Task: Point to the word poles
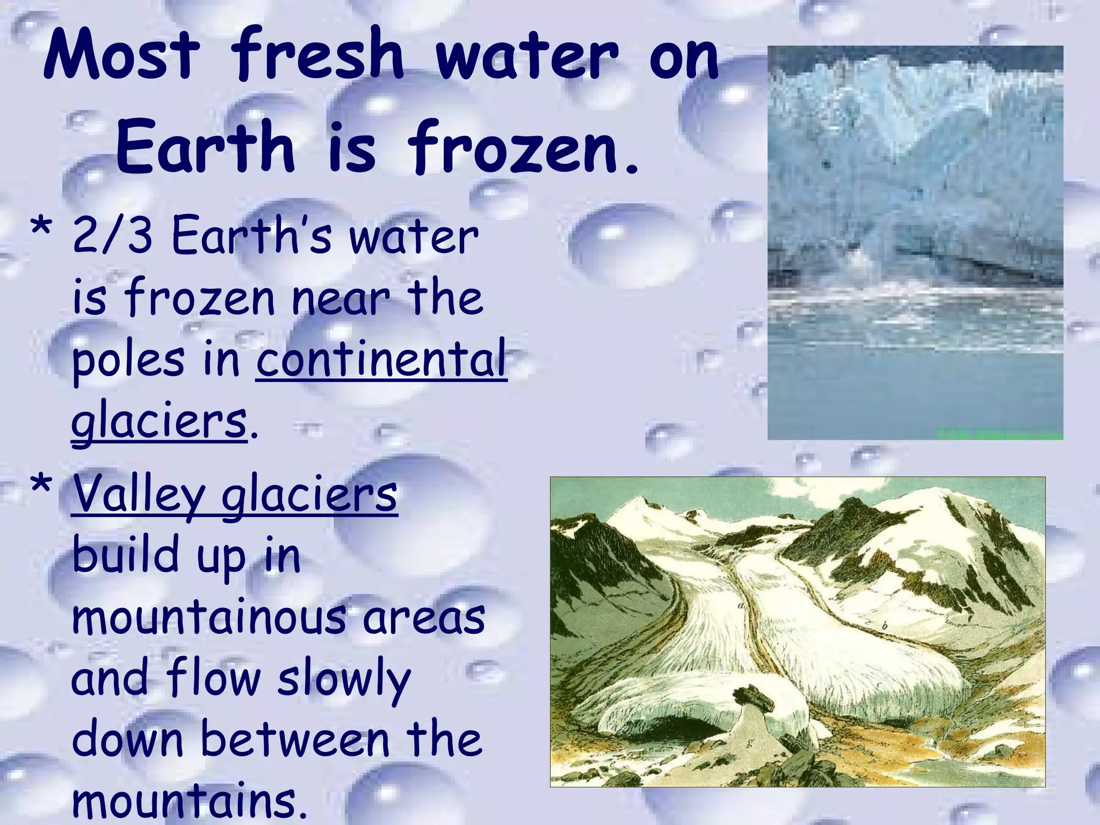coord(128,360)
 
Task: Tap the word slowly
coord(344,679)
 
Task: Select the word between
coord(294,740)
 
